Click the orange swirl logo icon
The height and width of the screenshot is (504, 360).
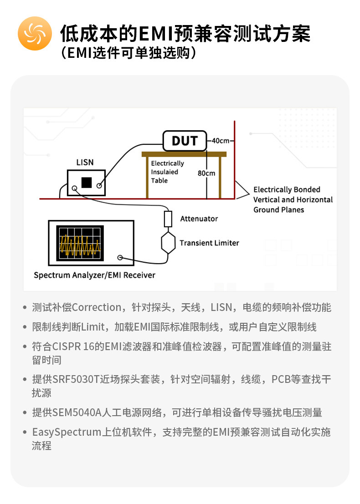point(35,33)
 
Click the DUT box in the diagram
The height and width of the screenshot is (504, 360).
point(185,141)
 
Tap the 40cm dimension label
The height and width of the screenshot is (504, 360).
point(221,141)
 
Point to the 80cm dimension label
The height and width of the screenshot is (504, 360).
point(206,173)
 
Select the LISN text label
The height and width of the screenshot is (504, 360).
point(85,163)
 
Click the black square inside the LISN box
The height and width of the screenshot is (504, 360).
point(87,182)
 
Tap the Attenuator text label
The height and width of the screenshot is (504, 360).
point(199,219)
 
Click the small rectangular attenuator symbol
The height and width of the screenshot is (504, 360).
point(168,219)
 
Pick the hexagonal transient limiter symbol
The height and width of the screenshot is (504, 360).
point(168,243)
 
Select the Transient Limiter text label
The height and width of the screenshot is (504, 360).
point(209,243)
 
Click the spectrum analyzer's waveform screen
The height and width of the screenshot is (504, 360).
point(80,243)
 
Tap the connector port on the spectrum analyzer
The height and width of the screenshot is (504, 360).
point(120,258)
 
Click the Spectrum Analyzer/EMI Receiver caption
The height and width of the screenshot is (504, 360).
point(95,275)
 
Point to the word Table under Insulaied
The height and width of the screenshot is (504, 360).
point(159,181)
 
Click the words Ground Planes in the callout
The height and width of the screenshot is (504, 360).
point(278,210)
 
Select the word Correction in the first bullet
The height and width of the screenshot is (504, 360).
point(97,308)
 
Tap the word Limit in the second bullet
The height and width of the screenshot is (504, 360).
point(93,327)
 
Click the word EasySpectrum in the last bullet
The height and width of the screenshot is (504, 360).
point(67,433)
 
